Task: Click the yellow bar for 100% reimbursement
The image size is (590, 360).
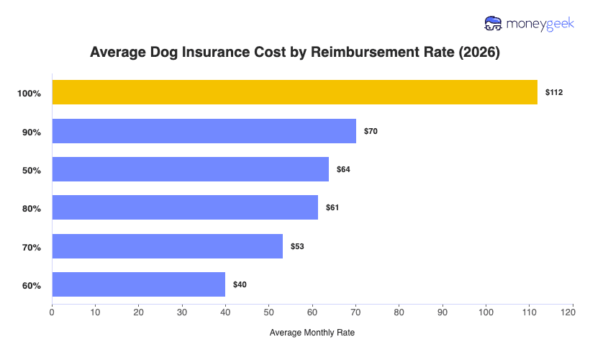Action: pos(294,92)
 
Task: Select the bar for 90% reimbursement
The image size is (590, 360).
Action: pos(204,131)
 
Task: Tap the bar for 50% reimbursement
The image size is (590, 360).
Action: pos(190,169)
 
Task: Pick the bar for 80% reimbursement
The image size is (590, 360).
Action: pos(185,207)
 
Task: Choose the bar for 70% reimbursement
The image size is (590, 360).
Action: pos(167,246)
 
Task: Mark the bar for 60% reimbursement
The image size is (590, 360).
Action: pos(138,284)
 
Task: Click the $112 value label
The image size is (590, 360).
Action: pos(554,93)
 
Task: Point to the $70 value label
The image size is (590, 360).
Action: pos(371,131)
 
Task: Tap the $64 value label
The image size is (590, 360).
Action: pos(343,169)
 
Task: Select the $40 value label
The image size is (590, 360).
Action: pos(240,284)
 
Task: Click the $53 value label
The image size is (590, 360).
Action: pos(296,246)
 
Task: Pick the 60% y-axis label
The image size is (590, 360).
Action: pos(31,285)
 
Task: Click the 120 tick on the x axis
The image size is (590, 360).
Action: pos(573,312)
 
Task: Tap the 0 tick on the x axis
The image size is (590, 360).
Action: pos(52,312)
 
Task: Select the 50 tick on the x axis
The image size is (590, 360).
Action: pos(269,312)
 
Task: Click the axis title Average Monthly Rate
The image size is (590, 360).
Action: pos(312,333)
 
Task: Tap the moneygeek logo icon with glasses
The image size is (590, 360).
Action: pos(494,24)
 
